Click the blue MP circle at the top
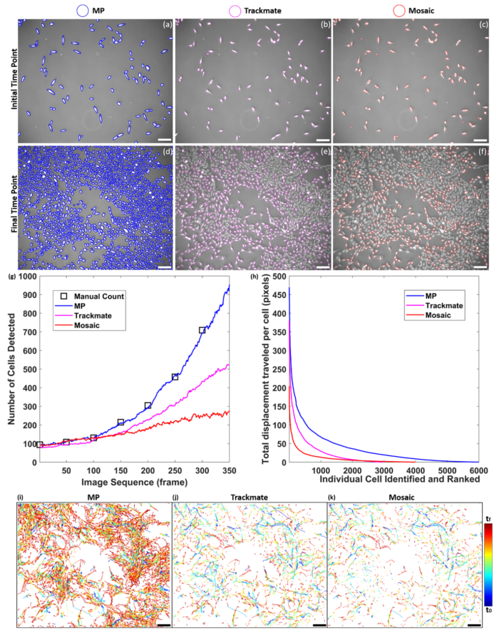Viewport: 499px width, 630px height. coord(82,10)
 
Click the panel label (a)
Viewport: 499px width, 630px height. coord(166,25)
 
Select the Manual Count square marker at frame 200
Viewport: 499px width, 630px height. coord(148,406)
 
